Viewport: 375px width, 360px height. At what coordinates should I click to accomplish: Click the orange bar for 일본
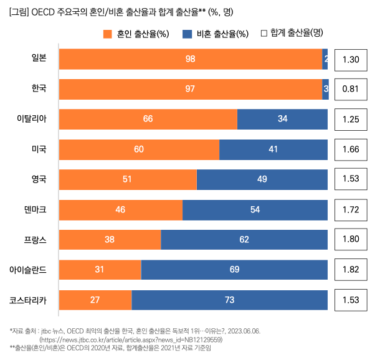click(x=190, y=59)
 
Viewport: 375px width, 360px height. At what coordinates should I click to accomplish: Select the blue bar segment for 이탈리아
click(x=282, y=119)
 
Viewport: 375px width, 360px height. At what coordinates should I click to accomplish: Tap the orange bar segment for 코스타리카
click(x=95, y=300)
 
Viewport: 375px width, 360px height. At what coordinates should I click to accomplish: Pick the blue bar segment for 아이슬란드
click(x=234, y=270)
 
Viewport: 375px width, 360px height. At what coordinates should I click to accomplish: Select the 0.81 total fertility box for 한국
click(x=351, y=89)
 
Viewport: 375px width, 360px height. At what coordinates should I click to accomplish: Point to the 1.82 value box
click(x=351, y=270)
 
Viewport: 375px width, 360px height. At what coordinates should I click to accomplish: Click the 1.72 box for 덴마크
click(x=351, y=209)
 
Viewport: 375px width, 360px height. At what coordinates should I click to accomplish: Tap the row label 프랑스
click(x=36, y=240)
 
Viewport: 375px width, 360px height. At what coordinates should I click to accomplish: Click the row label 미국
click(x=39, y=149)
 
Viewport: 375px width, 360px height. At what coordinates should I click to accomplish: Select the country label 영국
click(x=39, y=179)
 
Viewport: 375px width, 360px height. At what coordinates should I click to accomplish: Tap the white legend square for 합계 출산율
click(x=263, y=32)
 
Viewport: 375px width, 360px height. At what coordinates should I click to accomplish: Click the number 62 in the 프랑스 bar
click(x=244, y=240)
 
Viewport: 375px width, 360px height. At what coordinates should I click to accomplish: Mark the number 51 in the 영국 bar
click(x=127, y=179)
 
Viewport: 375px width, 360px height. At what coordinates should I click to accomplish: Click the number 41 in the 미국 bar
click(x=273, y=149)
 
